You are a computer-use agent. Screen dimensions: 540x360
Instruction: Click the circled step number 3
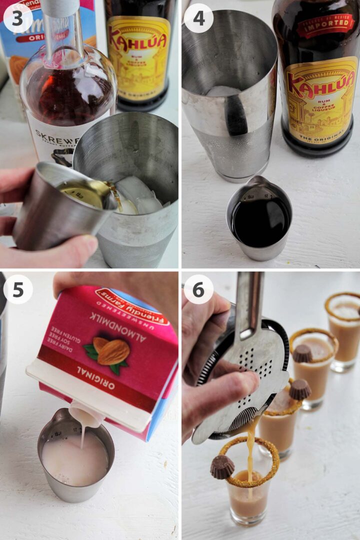(18, 18)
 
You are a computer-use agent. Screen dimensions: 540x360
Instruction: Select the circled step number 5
(18, 289)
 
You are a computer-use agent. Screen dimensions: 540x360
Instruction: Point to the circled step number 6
(198, 289)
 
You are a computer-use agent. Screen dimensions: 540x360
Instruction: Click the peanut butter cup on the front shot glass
(222, 466)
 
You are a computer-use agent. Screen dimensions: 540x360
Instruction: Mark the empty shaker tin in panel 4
(227, 95)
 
